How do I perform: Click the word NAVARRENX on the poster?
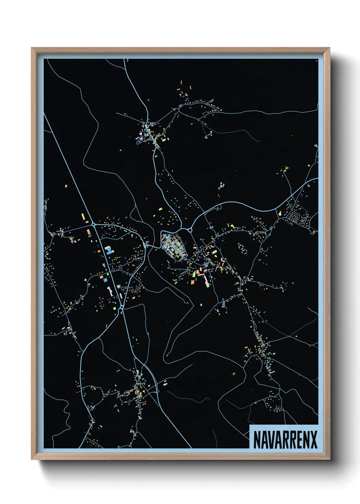pyautogui.click(x=285, y=440)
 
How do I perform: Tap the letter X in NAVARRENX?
pyautogui.click(x=314, y=440)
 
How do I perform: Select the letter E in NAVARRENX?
pyautogui.click(x=298, y=440)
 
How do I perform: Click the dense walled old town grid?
pyautogui.click(x=174, y=246)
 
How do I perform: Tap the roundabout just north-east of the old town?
pyautogui.click(x=190, y=231)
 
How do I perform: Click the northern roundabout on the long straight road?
pyautogui.click(x=93, y=224)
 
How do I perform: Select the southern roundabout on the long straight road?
pyautogui.click(x=121, y=307)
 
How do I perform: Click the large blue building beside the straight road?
pyautogui.click(x=109, y=251)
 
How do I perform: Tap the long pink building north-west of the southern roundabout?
pyautogui.click(x=110, y=292)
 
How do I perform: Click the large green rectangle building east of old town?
pyautogui.click(x=215, y=252)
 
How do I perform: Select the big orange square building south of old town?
pyautogui.click(x=192, y=282)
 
